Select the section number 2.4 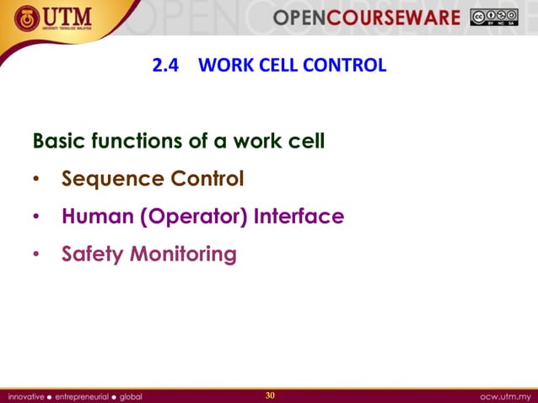click(165, 65)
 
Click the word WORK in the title click(220, 65)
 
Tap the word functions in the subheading click(133, 141)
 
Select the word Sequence click(112, 180)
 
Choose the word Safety click(92, 254)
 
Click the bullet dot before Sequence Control click(36, 180)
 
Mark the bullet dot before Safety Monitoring click(36, 255)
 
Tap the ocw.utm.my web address click(504, 395)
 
